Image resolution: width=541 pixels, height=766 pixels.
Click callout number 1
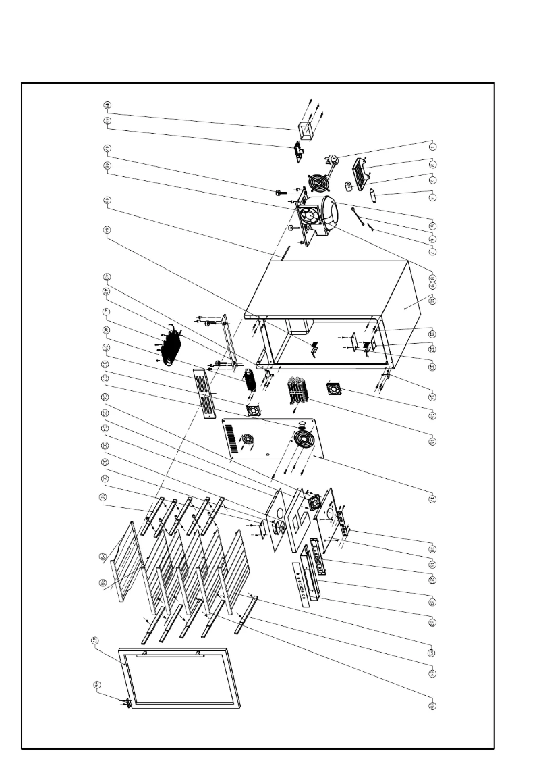[433, 145]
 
